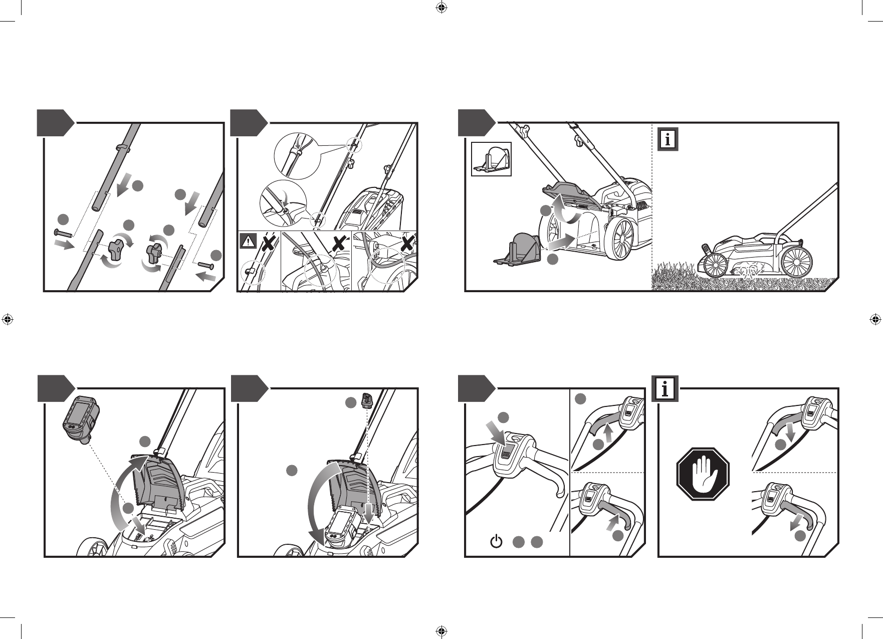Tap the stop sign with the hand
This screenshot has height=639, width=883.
(703, 474)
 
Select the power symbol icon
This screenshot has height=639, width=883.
(495, 542)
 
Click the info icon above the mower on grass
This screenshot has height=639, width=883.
(668, 139)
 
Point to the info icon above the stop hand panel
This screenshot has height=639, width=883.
(665, 389)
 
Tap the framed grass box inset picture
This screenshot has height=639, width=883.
(491, 159)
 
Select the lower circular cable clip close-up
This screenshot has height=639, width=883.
(283, 202)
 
